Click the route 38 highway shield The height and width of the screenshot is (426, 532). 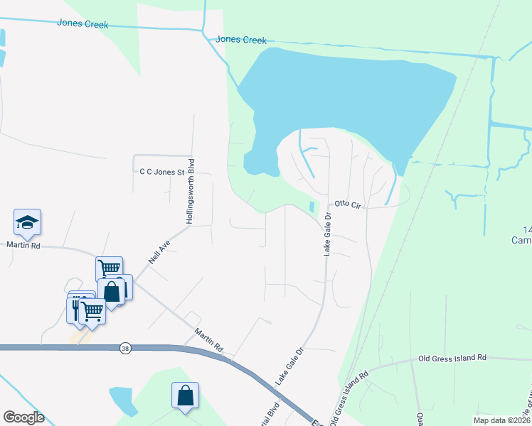click(x=125, y=348)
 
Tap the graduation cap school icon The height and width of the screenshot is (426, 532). click(x=27, y=222)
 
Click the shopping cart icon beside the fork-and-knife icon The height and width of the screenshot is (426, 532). click(x=92, y=311)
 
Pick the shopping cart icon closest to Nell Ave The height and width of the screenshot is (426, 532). click(x=109, y=269)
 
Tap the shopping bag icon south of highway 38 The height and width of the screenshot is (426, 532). click(x=185, y=395)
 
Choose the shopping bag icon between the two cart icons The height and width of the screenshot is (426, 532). click(x=112, y=291)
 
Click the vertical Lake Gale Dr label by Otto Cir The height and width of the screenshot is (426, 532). click(x=328, y=234)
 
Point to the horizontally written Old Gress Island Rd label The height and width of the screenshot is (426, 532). click(x=452, y=358)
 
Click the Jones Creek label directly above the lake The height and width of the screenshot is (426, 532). click(x=240, y=40)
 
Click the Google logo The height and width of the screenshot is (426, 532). click(x=23, y=417)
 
